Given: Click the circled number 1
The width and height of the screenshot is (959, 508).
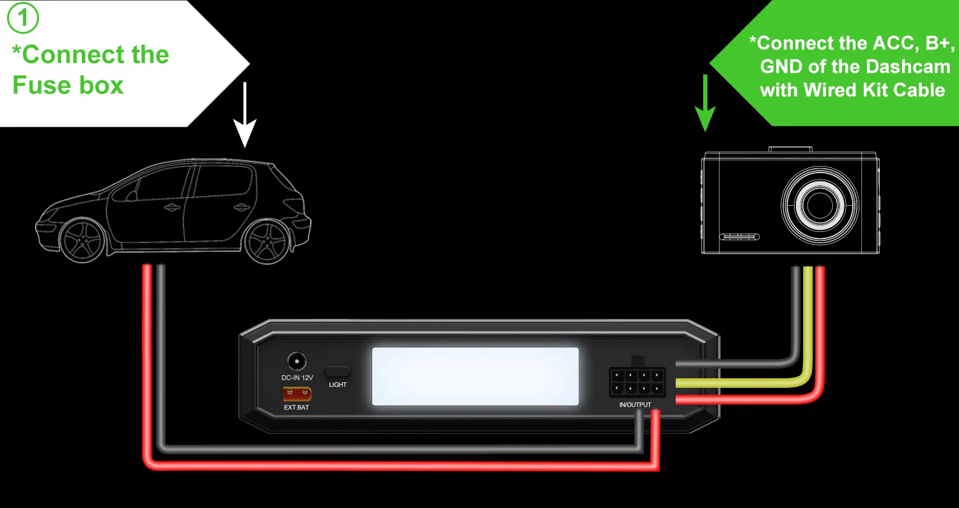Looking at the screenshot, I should [x=23, y=19].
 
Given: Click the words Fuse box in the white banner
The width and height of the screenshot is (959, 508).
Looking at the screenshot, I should [x=68, y=85].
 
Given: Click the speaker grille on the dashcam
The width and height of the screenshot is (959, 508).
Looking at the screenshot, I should [x=740, y=237].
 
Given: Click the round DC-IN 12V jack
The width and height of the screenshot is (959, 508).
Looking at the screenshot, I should [x=297, y=361].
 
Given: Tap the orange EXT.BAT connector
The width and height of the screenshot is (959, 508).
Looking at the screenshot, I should [x=293, y=394].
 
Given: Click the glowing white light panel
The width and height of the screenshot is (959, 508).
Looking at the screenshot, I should [x=475, y=376].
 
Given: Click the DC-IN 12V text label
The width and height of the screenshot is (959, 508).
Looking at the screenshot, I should [x=297, y=378].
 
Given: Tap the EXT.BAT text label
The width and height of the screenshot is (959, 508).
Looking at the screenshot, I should [x=296, y=407].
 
